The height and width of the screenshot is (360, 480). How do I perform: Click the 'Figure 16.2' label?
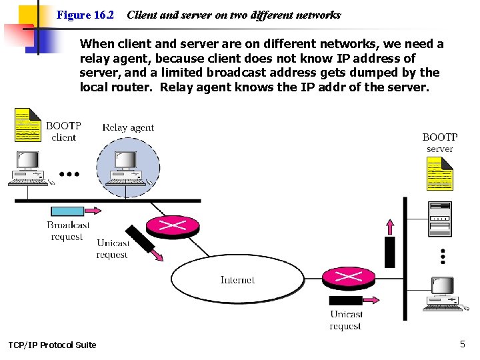click(85, 15)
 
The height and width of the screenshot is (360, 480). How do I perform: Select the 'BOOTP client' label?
click(63, 131)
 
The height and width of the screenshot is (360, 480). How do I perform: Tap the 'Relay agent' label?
click(128, 127)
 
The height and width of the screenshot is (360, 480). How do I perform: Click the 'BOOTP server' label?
click(439, 143)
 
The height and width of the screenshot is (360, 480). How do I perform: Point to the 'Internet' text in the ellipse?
click(237, 280)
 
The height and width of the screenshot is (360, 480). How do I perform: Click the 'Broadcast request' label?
click(67, 231)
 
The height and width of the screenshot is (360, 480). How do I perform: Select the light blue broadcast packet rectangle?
click(67, 211)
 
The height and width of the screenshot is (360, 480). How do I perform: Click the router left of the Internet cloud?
click(172, 226)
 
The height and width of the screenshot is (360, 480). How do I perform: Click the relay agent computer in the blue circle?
click(127, 168)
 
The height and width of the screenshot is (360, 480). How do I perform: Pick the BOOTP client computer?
click(27, 168)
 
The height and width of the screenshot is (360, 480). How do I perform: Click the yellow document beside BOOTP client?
click(27, 125)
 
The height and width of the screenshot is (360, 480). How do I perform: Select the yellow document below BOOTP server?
click(439, 174)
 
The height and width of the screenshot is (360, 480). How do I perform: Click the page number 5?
click(463, 344)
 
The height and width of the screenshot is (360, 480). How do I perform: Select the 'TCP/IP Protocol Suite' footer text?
click(52, 345)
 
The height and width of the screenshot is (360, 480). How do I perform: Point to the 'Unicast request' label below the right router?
click(346, 320)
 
